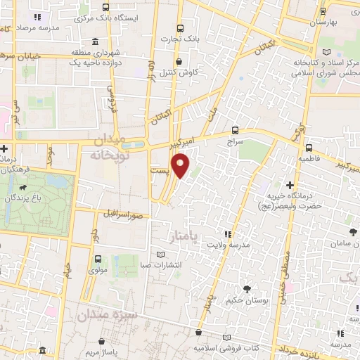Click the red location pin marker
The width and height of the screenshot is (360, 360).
182,165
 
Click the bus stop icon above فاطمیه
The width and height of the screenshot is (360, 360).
309,148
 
